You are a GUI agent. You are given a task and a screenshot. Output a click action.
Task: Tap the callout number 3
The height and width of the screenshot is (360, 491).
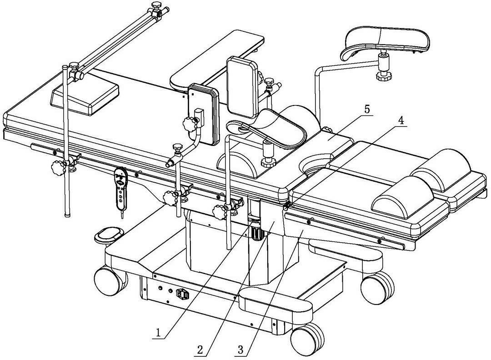[x=240, y=350]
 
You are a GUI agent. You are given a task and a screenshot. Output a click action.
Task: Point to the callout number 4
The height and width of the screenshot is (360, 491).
[x=401, y=120]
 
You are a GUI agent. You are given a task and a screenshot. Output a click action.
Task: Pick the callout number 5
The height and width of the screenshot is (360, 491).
[x=367, y=109]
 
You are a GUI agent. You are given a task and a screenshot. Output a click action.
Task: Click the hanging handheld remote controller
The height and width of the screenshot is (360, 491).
[x=121, y=189]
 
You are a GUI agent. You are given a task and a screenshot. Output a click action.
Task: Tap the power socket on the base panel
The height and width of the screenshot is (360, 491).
[x=183, y=294]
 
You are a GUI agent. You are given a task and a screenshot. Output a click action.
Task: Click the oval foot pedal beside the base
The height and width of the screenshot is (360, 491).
[x=109, y=235]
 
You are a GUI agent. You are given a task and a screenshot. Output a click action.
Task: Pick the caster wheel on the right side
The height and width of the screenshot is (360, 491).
[x=377, y=288]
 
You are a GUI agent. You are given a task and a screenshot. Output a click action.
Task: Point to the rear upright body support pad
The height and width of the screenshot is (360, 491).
[x=242, y=87]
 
